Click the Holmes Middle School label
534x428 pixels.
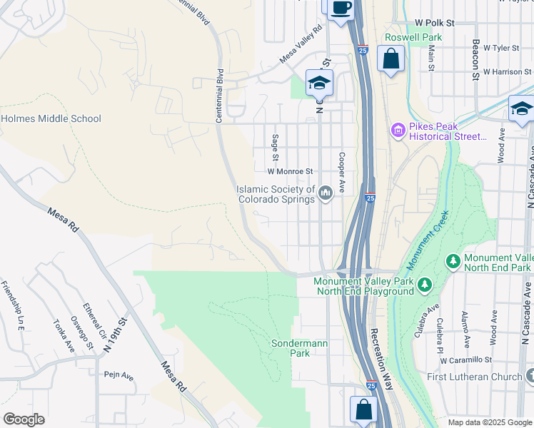(51, 119)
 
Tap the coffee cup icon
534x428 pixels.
(341, 7)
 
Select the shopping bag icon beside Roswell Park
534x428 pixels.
(391, 60)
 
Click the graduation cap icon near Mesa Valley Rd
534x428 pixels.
(319, 83)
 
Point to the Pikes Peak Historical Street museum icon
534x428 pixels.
(397, 131)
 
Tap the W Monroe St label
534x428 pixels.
(291, 172)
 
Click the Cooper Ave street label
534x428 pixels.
(342, 171)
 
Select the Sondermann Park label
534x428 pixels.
(299, 348)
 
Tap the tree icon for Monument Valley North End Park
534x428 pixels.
(453, 262)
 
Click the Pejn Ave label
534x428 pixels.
(119, 375)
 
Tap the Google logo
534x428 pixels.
(24, 419)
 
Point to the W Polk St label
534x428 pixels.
(434, 24)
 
